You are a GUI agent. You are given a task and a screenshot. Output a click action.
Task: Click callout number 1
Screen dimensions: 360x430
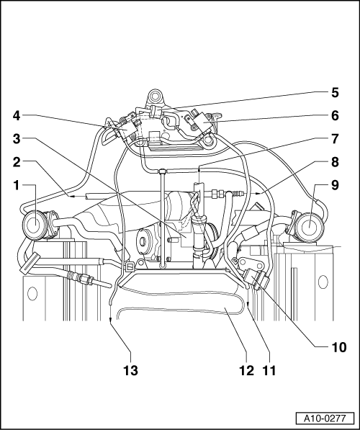click(17, 185)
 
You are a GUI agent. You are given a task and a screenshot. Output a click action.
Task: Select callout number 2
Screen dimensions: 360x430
click(17, 162)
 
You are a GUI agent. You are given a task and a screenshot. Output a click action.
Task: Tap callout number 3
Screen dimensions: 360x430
click(17, 139)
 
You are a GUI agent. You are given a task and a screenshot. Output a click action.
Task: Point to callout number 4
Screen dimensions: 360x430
click(17, 116)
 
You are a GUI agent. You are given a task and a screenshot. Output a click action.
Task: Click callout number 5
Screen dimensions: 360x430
click(335, 92)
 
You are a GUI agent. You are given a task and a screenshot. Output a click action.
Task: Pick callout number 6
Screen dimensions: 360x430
click(335, 116)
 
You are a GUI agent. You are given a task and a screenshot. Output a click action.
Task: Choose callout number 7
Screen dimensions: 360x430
click(335, 139)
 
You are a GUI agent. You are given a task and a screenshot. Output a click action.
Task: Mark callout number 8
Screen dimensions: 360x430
click(335, 162)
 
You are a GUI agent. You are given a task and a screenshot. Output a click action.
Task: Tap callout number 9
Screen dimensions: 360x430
click(335, 185)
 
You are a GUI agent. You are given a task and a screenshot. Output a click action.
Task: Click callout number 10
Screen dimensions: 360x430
click(339, 347)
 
